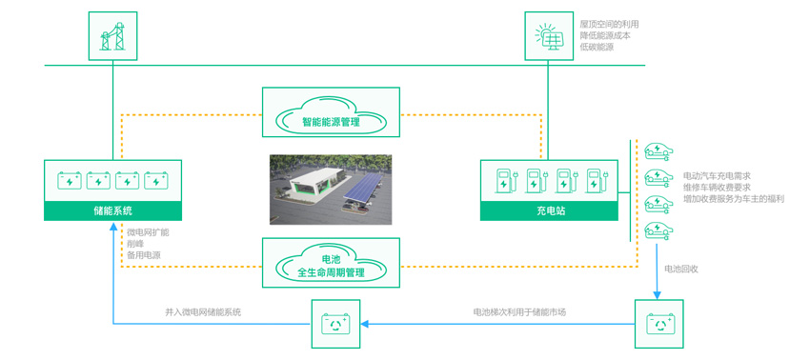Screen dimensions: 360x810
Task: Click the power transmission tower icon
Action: pyautogui.click(x=111, y=36)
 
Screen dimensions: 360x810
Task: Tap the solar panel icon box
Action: pyautogui.click(x=550, y=36)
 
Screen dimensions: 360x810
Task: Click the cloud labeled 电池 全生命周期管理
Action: pyautogui.click(x=331, y=265)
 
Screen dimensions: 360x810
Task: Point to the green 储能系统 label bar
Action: pyautogui.click(x=113, y=210)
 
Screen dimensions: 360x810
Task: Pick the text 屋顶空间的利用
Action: pyautogui.click(x=609, y=23)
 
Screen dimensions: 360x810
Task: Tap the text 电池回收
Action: pyautogui.click(x=681, y=269)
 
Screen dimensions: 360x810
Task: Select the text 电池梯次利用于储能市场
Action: pyautogui.click(x=519, y=311)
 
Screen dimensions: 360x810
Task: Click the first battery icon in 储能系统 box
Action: pyautogui.click(x=71, y=179)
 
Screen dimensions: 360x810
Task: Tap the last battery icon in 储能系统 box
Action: pyautogui.click(x=156, y=179)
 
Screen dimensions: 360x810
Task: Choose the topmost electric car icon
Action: pyautogui.click(x=658, y=150)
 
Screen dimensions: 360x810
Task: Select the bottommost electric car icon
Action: pyautogui.click(x=658, y=229)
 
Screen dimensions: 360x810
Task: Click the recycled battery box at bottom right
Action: pyautogui.click(x=658, y=324)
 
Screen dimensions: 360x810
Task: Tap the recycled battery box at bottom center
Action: pyautogui.click(x=334, y=324)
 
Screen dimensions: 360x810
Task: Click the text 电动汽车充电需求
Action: pyautogui.click(x=718, y=176)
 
